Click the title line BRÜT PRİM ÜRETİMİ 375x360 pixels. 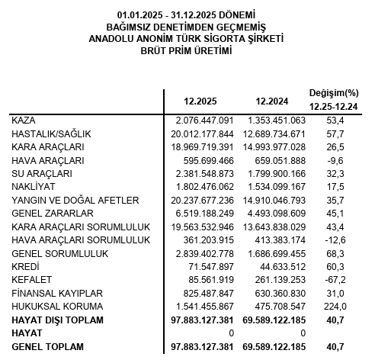pyautogui.click(x=187, y=50)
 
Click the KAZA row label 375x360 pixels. pyautogui.click(x=24, y=121)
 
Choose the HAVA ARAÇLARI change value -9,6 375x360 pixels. pyautogui.click(x=335, y=160)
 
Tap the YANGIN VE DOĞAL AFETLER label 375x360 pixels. pyautogui.click(x=75, y=200)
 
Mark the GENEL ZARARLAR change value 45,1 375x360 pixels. pyautogui.click(x=335, y=213)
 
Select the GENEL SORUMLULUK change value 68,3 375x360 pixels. pyautogui.click(x=335, y=252)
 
